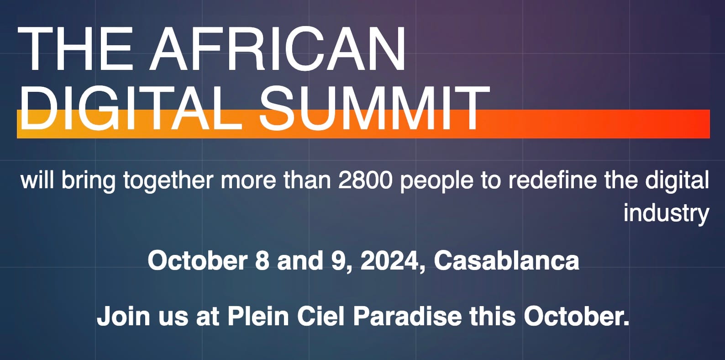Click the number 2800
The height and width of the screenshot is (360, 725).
tap(365, 180)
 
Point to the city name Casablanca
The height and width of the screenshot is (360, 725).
tap(506, 260)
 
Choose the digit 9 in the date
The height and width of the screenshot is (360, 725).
tap(337, 260)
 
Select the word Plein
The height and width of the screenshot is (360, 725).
tap(258, 316)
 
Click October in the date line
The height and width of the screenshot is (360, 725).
tap(197, 260)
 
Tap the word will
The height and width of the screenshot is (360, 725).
tap(37, 180)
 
